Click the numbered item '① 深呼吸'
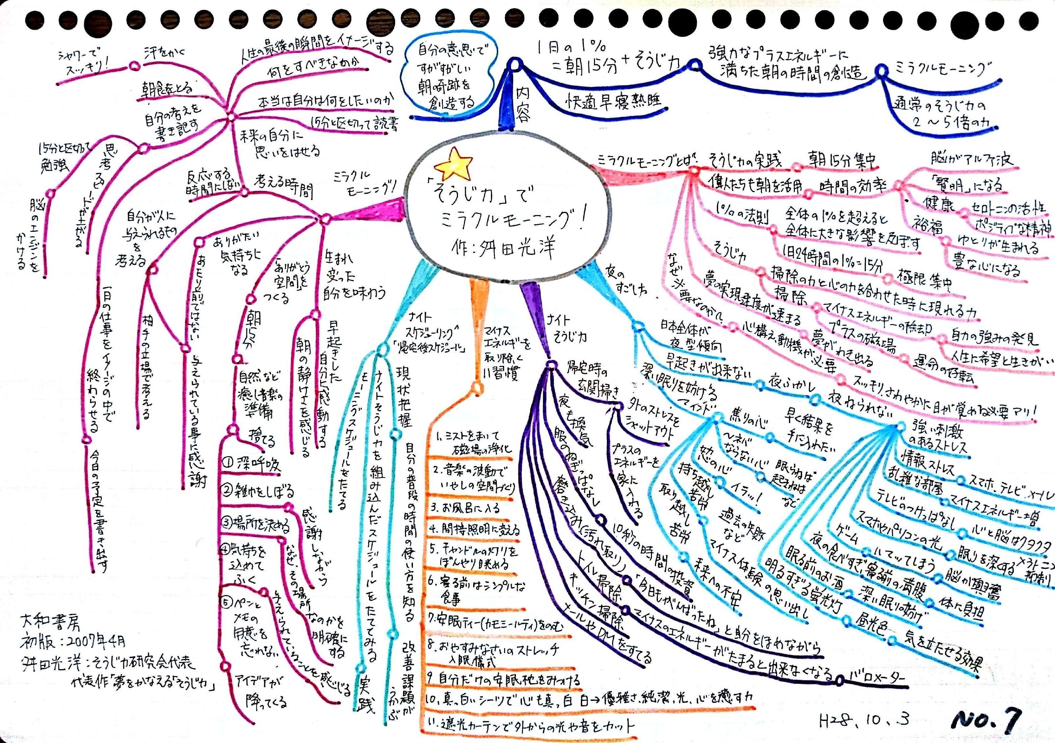[x=251, y=464]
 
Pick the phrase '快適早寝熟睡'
[x=613, y=101]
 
